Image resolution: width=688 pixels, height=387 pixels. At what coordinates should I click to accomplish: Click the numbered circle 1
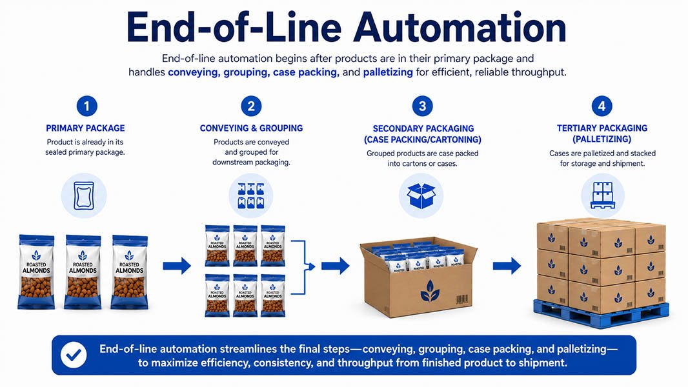tap(86, 106)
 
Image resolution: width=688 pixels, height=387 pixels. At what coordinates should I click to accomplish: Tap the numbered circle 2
tap(251, 106)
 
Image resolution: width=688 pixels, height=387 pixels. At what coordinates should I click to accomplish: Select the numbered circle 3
tap(422, 106)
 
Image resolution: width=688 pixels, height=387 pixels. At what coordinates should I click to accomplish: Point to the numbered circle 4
tap(602, 106)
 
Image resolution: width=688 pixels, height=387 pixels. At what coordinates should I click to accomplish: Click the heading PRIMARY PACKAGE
tap(86, 128)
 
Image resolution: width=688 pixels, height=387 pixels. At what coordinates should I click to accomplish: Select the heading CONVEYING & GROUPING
tap(252, 128)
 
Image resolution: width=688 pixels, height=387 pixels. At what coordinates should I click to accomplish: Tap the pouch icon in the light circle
tap(84, 195)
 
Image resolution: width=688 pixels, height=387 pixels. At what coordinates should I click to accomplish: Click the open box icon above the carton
tap(421, 195)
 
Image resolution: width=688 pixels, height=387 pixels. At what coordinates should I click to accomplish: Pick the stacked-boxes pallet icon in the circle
tap(603, 195)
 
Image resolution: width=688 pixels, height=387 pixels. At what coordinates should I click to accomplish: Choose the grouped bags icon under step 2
tap(251, 195)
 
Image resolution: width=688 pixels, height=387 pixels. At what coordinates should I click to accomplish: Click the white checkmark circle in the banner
tap(74, 355)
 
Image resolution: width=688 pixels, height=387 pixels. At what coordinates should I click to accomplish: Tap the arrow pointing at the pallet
tap(507, 266)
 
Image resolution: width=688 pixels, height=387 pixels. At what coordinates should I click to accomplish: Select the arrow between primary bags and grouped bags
tap(177, 266)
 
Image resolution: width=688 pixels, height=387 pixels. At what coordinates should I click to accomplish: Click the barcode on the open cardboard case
tap(461, 299)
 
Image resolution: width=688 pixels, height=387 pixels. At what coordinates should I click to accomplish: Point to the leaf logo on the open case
tap(430, 292)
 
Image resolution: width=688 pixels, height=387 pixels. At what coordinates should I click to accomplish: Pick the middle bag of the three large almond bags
tap(83, 272)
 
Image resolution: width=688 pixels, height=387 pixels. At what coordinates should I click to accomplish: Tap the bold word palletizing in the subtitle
tap(388, 72)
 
